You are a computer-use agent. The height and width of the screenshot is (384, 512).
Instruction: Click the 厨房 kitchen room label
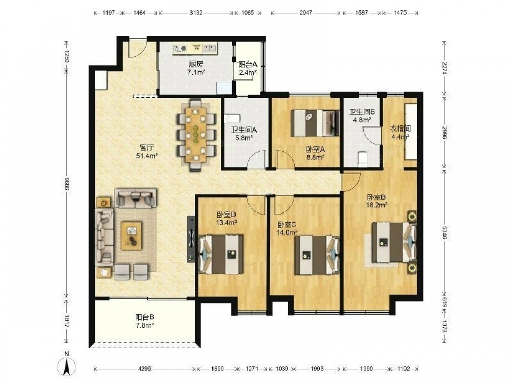(x=196, y=64)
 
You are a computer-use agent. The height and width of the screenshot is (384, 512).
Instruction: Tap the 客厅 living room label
(x=146, y=147)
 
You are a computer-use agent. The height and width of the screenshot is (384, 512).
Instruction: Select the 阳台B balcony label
(x=144, y=317)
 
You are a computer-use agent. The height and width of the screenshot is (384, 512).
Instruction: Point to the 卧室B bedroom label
(x=376, y=197)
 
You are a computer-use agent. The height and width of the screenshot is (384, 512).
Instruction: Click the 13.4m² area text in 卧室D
(x=226, y=223)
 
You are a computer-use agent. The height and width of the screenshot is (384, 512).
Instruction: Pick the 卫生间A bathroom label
(x=244, y=130)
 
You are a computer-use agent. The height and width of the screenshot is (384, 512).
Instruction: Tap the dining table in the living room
(x=196, y=135)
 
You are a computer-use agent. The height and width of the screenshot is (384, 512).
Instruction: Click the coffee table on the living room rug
(x=131, y=236)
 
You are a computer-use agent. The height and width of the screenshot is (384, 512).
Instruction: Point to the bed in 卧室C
(x=317, y=255)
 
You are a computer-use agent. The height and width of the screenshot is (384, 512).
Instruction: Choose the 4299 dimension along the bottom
(x=144, y=368)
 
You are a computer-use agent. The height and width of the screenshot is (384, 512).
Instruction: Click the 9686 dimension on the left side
(x=66, y=184)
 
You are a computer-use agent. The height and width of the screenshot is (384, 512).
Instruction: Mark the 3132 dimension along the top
(x=196, y=13)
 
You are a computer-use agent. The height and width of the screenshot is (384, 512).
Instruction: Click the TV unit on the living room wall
(x=191, y=239)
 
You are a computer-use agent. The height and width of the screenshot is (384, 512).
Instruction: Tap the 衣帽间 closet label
(x=400, y=129)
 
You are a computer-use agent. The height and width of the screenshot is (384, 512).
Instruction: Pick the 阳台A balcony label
(x=247, y=65)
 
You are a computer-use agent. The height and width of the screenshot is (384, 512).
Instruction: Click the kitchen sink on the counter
(x=209, y=48)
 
